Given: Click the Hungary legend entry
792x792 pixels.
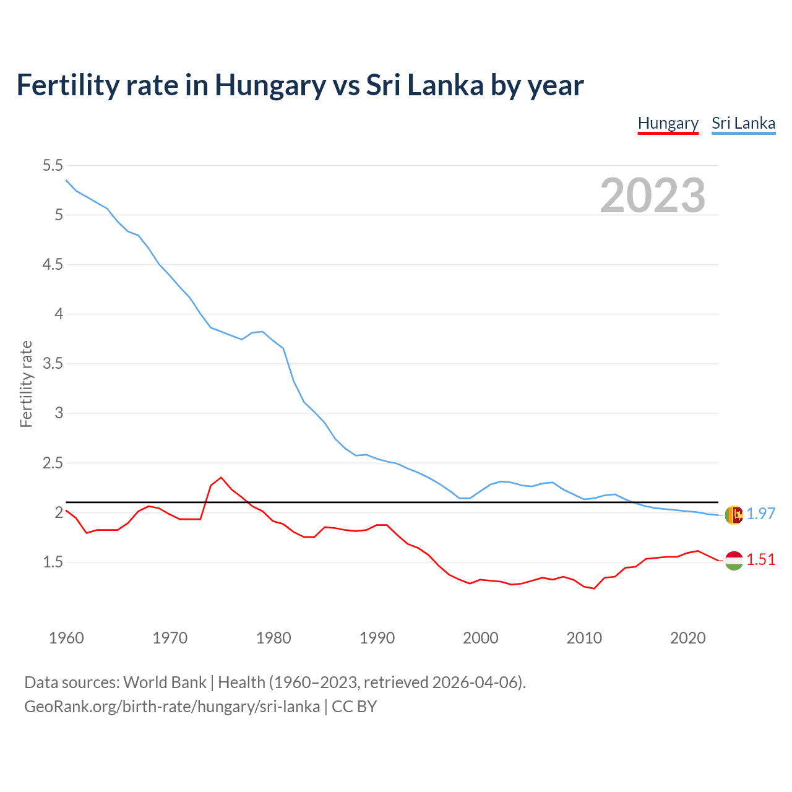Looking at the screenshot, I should click(668, 123).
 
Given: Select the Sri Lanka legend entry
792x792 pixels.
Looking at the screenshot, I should click(743, 123).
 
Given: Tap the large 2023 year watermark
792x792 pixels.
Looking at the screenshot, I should click(653, 196).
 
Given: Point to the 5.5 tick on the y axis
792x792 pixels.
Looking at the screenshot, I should click(53, 165).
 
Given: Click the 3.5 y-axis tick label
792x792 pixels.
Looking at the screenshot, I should click(53, 363).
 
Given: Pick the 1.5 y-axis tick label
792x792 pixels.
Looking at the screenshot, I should click(53, 562).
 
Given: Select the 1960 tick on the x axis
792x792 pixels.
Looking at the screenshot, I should click(66, 638).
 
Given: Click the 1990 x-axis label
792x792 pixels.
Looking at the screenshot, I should click(377, 638).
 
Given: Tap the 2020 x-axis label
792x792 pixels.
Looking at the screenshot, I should click(687, 638).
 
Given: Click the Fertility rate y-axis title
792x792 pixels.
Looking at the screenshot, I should click(26, 384).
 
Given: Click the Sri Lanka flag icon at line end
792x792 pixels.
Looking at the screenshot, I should click(734, 515).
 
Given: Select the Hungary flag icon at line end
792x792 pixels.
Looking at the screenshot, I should click(734, 561).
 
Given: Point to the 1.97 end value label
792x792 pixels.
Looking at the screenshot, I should click(760, 514).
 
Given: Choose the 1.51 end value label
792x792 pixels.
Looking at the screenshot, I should click(760, 559).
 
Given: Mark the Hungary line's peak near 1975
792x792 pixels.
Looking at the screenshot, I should click(222, 477).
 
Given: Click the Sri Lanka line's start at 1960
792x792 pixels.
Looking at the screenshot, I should click(66, 180).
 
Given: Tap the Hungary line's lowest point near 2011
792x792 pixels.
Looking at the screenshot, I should click(594, 588).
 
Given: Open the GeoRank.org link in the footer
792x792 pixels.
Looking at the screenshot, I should click(172, 707).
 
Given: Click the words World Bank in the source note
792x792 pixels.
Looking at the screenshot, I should click(165, 682).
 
